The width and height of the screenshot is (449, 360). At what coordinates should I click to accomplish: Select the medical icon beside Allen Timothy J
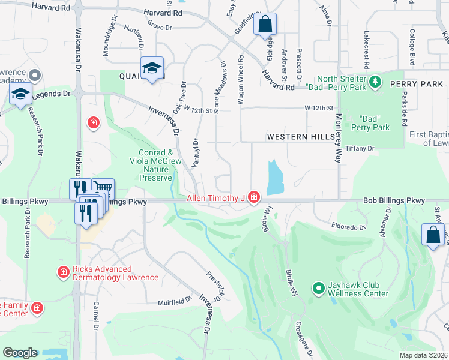tap(254, 197)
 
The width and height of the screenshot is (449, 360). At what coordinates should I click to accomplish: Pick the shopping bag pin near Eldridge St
tap(264, 26)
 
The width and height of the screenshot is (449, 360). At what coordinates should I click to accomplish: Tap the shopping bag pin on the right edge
tap(433, 235)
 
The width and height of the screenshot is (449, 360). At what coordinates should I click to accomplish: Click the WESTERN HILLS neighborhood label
tap(301, 137)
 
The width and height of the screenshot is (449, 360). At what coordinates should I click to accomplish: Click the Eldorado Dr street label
tap(348, 227)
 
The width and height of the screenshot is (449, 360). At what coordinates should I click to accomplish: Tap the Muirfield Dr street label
tap(174, 303)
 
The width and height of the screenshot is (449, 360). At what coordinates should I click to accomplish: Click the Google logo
tap(20, 353)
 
